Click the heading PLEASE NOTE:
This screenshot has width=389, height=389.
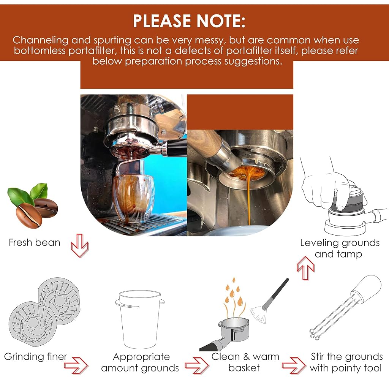(x=189, y=21)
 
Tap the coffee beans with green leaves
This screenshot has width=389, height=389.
(x=33, y=206)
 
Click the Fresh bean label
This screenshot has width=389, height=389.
(x=35, y=242)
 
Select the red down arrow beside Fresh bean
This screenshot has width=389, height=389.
(x=80, y=246)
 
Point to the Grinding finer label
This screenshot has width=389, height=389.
(x=35, y=356)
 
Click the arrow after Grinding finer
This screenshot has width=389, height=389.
(x=76, y=365)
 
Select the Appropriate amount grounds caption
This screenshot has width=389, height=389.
(x=140, y=362)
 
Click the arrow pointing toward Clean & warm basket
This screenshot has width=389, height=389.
(x=197, y=365)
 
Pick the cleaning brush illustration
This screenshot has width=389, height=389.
(x=269, y=301)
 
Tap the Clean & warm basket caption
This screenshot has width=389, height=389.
(x=245, y=362)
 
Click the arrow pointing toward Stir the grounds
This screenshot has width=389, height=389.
(x=294, y=365)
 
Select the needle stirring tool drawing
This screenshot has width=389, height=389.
(x=346, y=308)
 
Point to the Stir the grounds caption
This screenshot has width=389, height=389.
(x=346, y=362)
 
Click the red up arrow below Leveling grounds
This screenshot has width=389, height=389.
(x=306, y=268)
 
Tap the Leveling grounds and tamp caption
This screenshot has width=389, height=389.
(x=340, y=248)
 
